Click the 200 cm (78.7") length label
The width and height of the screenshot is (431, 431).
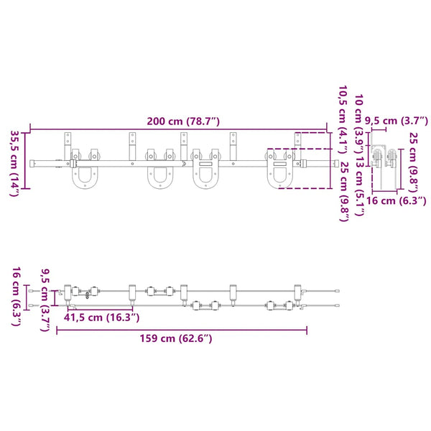point(183,121)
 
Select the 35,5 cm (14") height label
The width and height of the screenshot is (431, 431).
point(14,163)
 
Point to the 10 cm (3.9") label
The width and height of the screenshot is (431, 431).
point(359,124)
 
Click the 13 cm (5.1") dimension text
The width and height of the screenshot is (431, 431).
point(359,186)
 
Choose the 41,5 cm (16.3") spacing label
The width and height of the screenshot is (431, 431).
point(102,318)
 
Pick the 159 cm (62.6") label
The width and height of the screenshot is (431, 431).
point(176,338)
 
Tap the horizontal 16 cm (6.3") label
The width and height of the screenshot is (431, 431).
point(397,200)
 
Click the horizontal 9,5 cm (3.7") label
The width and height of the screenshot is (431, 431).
point(397,121)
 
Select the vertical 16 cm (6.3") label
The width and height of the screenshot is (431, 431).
point(17,296)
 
